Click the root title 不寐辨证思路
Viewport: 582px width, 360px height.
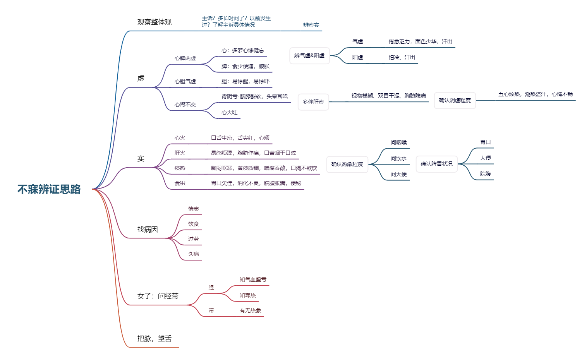tap(49, 189)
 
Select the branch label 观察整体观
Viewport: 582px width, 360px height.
tap(154, 22)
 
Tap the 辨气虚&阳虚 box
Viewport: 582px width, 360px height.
tap(309, 56)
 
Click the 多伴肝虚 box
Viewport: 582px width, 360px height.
tap(313, 102)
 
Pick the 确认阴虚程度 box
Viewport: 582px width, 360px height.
tap(455, 101)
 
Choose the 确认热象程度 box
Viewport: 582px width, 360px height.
tap(347, 165)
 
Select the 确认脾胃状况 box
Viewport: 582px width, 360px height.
tap(436, 164)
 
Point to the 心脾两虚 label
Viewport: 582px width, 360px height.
tap(185, 58)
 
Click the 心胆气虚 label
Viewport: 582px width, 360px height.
tap(185, 82)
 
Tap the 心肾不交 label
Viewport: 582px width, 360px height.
tap(185, 105)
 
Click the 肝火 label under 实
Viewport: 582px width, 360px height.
tap(180, 153)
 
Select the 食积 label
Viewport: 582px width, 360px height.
tap(180, 183)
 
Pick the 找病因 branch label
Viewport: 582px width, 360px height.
tap(148, 230)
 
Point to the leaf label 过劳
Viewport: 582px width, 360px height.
tap(193, 239)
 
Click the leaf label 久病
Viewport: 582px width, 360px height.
tap(193, 254)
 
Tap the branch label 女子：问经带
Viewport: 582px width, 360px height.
tap(158, 296)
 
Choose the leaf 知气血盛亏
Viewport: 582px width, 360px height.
tap(253, 280)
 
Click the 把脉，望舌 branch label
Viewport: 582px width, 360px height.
tap(154, 339)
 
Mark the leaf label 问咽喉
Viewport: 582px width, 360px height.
tap(398, 143)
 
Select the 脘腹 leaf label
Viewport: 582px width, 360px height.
tap(485, 174)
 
